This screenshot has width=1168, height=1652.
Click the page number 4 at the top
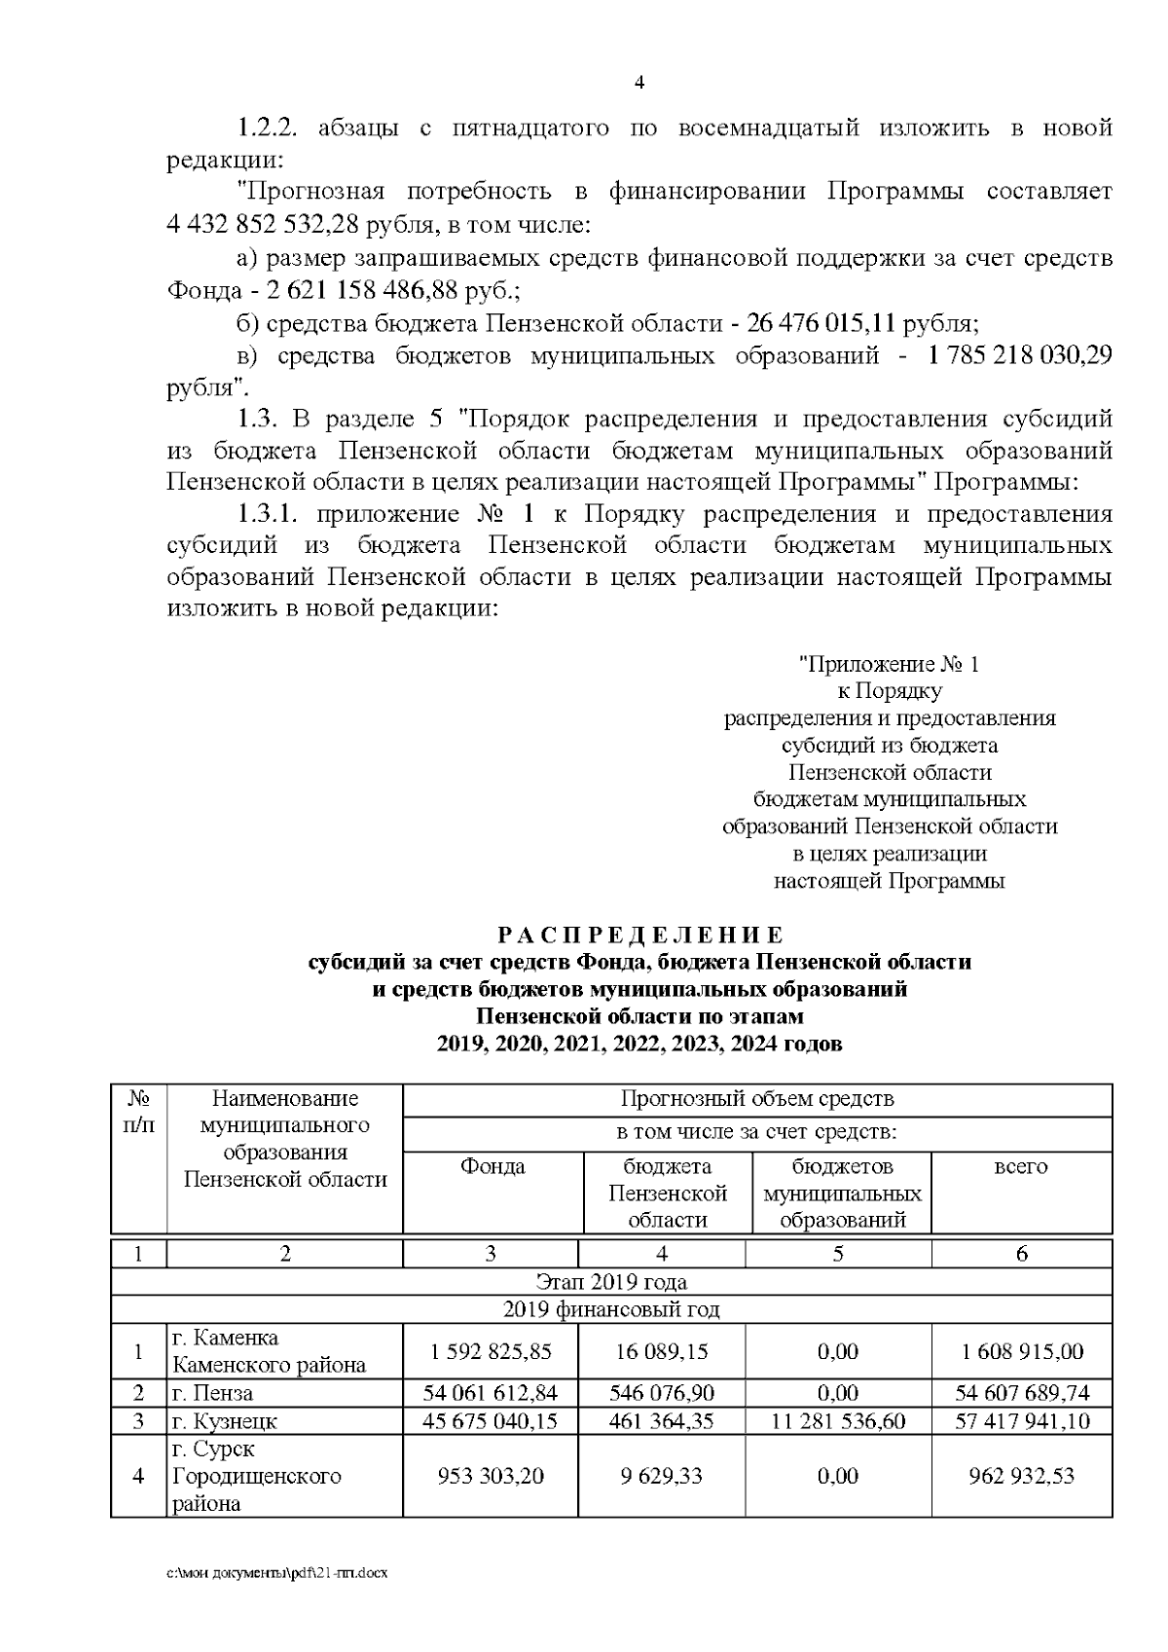click(639, 83)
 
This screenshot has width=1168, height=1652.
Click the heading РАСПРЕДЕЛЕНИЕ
click(639, 936)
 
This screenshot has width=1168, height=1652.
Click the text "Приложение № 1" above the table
click(889, 664)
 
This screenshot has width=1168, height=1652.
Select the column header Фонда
click(493, 1166)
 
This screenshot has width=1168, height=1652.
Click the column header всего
click(1020, 1166)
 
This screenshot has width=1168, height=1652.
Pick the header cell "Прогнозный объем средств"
click(756, 1099)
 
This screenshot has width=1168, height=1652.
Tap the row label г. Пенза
click(212, 1393)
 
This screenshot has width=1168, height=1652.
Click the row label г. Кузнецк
click(224, 1421)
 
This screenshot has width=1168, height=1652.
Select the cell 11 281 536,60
click(838, 1421)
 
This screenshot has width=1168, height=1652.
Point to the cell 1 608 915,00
click(1021, 1351)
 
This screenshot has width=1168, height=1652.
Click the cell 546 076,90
click(661, 1393)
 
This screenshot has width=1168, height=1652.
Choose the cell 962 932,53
click(1021, 1476)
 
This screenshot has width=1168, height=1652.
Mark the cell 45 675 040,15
click(490, 1421)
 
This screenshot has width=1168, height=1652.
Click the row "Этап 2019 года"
click(611, 1281)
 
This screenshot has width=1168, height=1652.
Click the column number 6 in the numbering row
click(1021, 1254)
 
